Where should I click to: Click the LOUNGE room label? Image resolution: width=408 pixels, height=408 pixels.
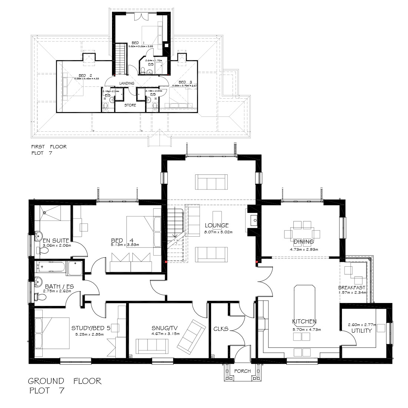click(216, 225)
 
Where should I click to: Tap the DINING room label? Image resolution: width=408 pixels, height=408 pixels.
click(304, 242)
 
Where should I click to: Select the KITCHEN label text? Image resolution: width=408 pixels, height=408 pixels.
click(304, 321)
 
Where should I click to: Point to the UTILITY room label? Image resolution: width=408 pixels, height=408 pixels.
click(361, 330)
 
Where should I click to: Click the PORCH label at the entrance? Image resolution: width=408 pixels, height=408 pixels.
click(243, 371)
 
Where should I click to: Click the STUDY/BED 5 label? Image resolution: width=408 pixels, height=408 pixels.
click(91, 328)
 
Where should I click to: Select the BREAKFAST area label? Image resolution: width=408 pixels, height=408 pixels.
click(352, 287)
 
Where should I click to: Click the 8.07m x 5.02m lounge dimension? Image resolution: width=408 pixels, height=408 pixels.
click(218, 232)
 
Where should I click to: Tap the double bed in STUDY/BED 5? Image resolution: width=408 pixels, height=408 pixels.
click(52, 333)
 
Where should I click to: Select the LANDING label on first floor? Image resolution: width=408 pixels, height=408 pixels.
click(126, 83)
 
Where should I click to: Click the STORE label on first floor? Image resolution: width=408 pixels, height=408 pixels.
click(130, 105)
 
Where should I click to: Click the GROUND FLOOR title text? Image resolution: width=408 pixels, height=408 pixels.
click(65, 381)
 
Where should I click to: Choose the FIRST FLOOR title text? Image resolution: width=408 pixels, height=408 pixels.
click(49, 147)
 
